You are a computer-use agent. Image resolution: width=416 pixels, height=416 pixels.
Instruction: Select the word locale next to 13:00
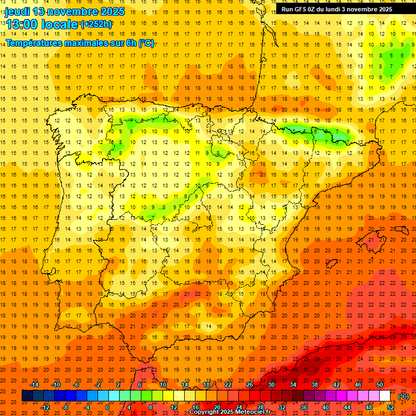click(x=60, y=24)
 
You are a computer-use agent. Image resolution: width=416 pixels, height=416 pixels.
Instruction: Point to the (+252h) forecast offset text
click(x=96, y=24)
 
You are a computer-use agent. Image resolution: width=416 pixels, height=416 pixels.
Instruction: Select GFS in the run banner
click(x=303, y=9)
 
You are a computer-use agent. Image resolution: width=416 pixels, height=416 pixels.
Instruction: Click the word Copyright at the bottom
click(x=205, y=412)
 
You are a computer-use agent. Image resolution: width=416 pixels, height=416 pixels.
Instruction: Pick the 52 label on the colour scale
click(x=390, y=407)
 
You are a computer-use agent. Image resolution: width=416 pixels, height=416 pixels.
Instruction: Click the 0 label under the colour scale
click(x=107, y=407)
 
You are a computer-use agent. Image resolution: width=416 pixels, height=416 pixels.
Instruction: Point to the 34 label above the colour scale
click(x=292, y=385)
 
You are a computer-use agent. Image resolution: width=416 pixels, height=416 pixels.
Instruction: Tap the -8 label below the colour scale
click(x=65, y=407)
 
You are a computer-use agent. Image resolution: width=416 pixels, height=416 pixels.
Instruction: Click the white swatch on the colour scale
click(x=385, y=396)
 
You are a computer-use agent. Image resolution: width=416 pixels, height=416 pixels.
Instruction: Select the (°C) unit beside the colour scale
click(x=404, y=396)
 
